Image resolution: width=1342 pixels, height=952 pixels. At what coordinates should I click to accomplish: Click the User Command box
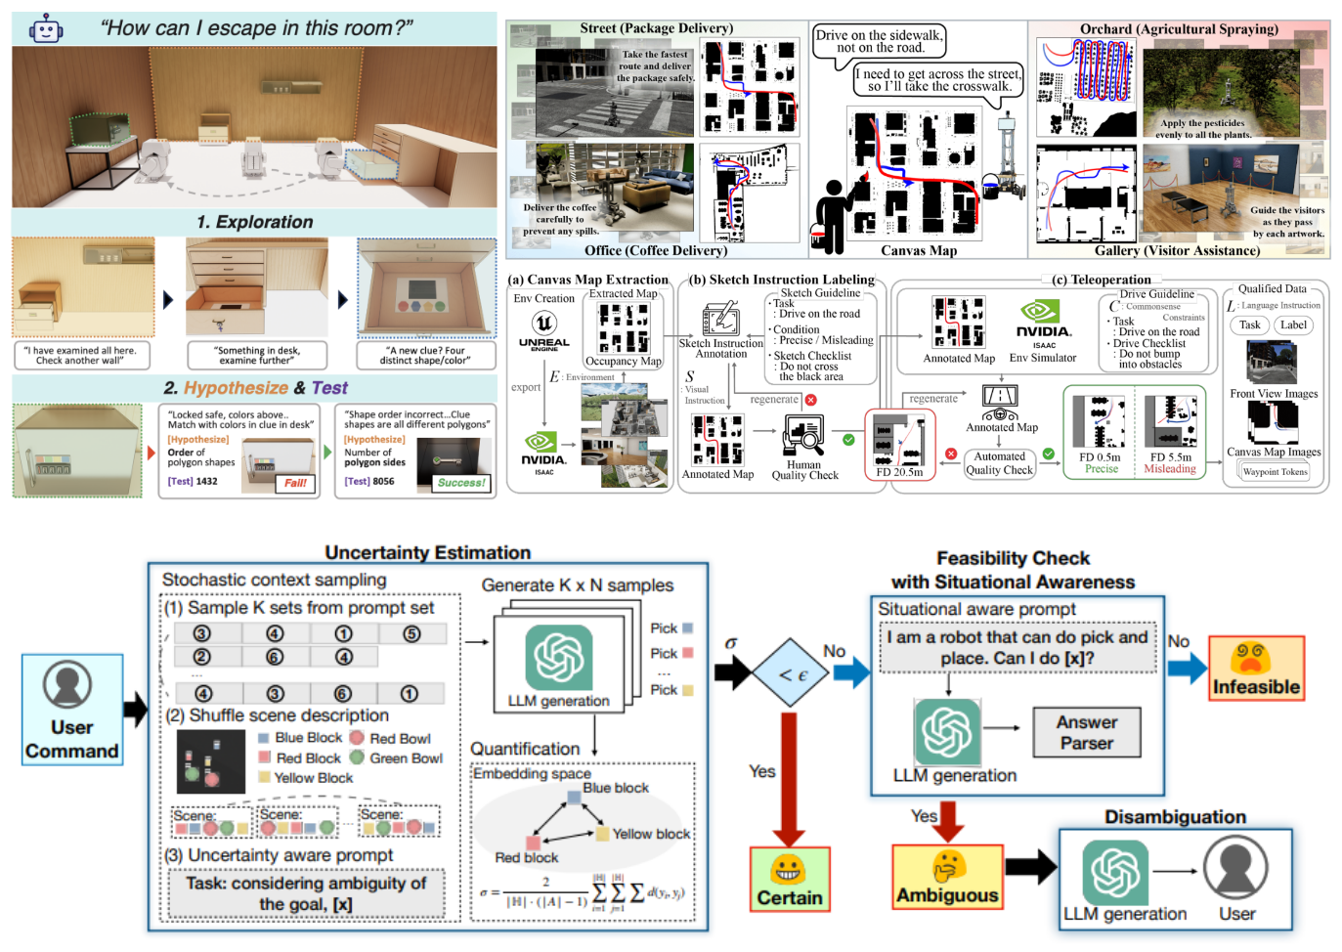point(72,710)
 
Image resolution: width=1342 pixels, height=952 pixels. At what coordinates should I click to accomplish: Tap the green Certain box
point(790,880)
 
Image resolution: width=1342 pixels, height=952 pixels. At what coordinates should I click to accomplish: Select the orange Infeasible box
point(1256,668)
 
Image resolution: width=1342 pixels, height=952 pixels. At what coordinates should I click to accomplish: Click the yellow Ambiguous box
point(947,877)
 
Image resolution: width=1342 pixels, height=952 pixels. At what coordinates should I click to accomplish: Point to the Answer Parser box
point(1086,732)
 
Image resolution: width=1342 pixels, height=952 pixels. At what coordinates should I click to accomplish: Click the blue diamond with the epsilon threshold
point(793,673)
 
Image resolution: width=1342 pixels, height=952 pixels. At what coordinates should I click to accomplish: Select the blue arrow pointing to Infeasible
point(1187,670)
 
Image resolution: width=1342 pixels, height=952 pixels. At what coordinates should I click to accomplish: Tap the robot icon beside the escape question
point(45,29)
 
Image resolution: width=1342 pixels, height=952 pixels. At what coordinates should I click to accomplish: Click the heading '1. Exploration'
point(255,222)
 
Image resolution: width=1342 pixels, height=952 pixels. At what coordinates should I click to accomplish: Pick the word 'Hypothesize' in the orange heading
point(236,388)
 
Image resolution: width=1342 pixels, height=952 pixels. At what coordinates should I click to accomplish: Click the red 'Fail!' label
point(295,483)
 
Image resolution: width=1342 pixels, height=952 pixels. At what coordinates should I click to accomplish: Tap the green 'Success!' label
point(461,482)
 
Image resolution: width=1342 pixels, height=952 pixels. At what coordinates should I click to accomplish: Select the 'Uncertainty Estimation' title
point(427,552)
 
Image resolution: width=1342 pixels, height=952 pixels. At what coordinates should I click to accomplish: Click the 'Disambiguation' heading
point(1175,816)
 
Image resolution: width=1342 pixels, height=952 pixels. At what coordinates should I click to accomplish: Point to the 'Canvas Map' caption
point(919,250)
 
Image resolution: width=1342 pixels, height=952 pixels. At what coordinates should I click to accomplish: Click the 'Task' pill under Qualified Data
point(1250,325)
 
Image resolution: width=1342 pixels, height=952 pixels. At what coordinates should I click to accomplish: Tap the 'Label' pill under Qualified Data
point(1293,325)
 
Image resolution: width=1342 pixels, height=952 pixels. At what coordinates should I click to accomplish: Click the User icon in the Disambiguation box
point(1235,870)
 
